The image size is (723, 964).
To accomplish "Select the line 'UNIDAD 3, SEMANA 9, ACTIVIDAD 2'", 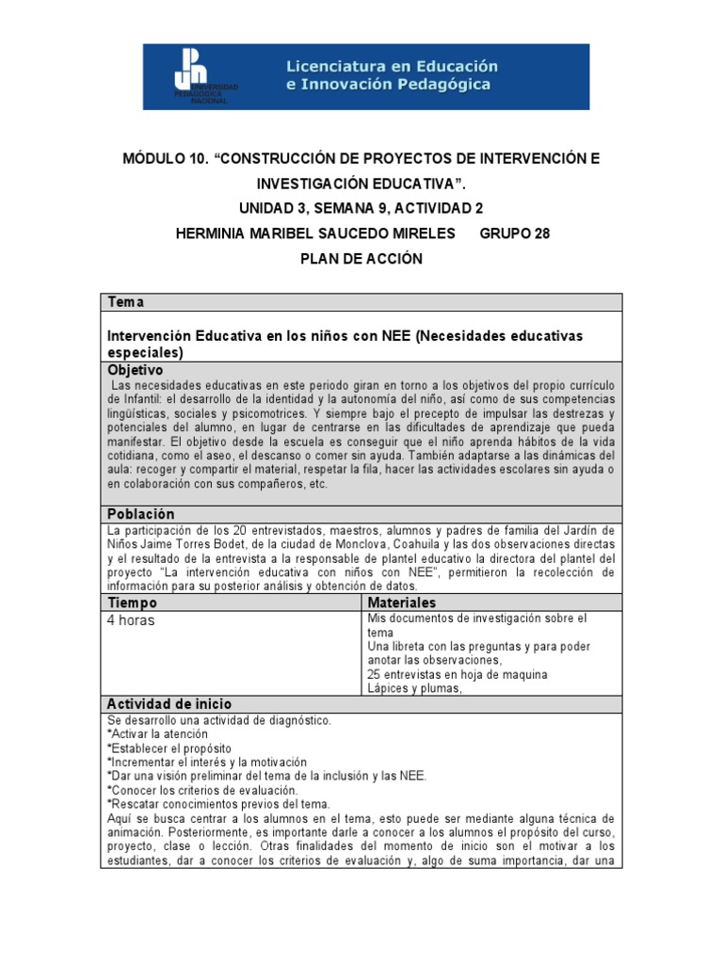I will click(x=361, y=209).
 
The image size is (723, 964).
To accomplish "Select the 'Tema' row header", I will click(x=126, y=302).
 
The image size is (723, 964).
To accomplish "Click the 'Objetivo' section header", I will click(x=136, y=370).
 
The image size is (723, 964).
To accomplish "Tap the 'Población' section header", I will click(x=141, y=514).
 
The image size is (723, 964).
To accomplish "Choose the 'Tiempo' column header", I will click(x=133, y=602).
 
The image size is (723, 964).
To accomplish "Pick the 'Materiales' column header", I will click(x=402, y=602).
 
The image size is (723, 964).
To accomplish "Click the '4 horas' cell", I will click(x=132, y=620).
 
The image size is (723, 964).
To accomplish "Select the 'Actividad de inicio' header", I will click(x=169, y=704).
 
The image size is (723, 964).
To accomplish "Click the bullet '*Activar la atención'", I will click(x=157, y=733).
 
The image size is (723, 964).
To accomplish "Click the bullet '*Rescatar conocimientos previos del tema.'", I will click(x=218, y=804).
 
